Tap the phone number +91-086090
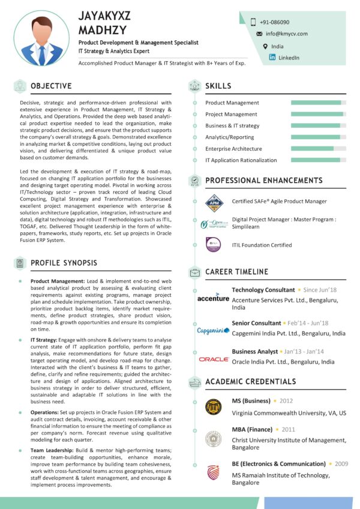[x=274, y=22]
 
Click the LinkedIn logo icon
[x=272, y=58]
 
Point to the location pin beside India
[x=265, y=46]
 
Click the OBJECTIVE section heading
[x=51, y=86]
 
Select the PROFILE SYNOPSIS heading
[x=64, y=262]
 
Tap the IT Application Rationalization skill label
[x=241, y=160]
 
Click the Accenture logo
[x=213, y=298]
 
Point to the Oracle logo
[x=214, y=359]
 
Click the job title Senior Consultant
[x=256, y=323]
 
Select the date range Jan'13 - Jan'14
[x=304, y=351]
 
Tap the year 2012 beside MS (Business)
[x=286, y=400]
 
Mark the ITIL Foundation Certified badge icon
[x=214, y=244]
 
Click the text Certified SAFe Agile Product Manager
[x=279, y=201]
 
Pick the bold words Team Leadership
[x=51, y=450]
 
